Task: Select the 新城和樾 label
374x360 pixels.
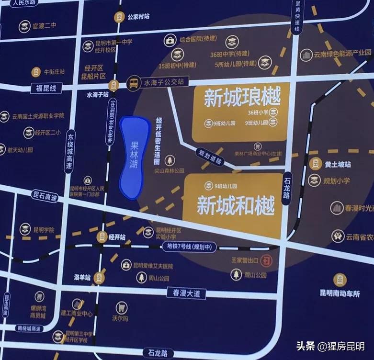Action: coord(236,205)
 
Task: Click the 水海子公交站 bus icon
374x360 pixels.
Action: coord(134,83)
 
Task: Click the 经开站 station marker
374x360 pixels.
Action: coord(102,236)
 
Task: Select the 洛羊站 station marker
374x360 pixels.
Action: coord(98,277)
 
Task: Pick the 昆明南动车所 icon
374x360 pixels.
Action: coord(340,280)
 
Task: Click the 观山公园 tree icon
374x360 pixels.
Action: coord(236,274)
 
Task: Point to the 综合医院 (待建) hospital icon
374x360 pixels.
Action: coord(170,42)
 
